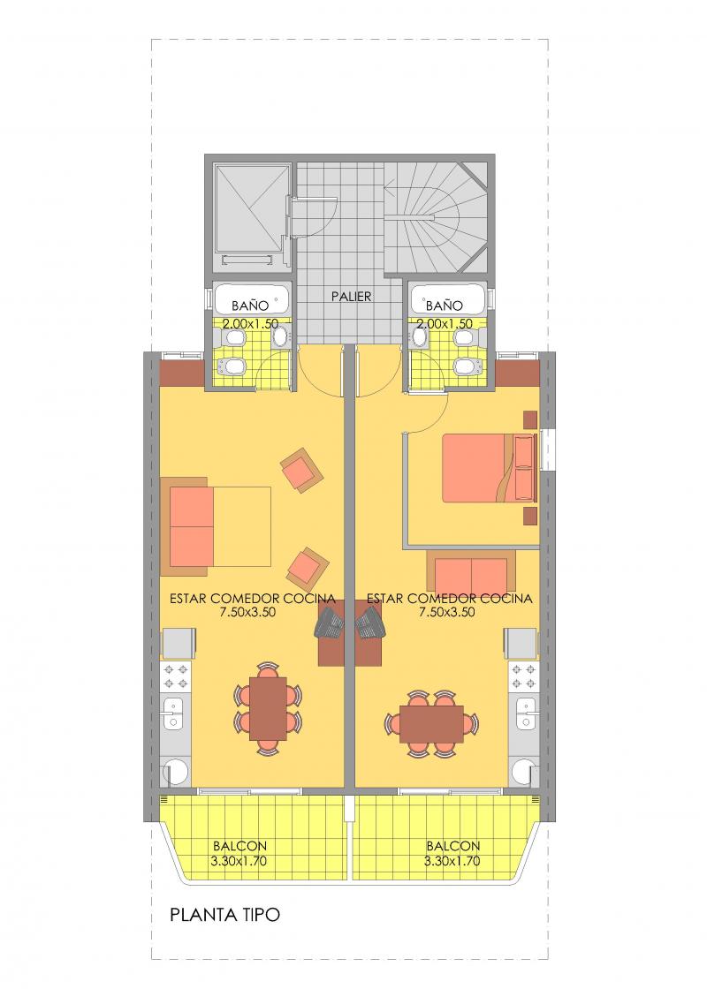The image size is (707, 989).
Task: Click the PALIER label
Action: (352, 296)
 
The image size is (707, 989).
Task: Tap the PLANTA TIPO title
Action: (224, 915)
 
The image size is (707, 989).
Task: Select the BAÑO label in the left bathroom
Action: (250, 306)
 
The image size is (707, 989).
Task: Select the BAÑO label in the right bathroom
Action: (445, 306)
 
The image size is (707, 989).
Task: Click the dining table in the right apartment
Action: (432, 723)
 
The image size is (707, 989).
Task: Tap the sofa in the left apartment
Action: (189, 526)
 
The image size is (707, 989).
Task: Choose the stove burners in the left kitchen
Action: (176, 676)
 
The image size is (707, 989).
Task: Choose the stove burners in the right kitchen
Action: (523, 676)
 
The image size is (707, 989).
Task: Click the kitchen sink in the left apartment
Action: (173, 713)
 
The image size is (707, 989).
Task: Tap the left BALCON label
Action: (239, 846)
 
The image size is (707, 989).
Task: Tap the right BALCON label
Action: (453, 846)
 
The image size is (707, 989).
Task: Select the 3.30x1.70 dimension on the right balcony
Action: (452, 861)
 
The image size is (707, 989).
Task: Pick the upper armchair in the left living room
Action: (301, 470)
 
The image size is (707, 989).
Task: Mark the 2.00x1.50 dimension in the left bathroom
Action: (250, 324)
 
